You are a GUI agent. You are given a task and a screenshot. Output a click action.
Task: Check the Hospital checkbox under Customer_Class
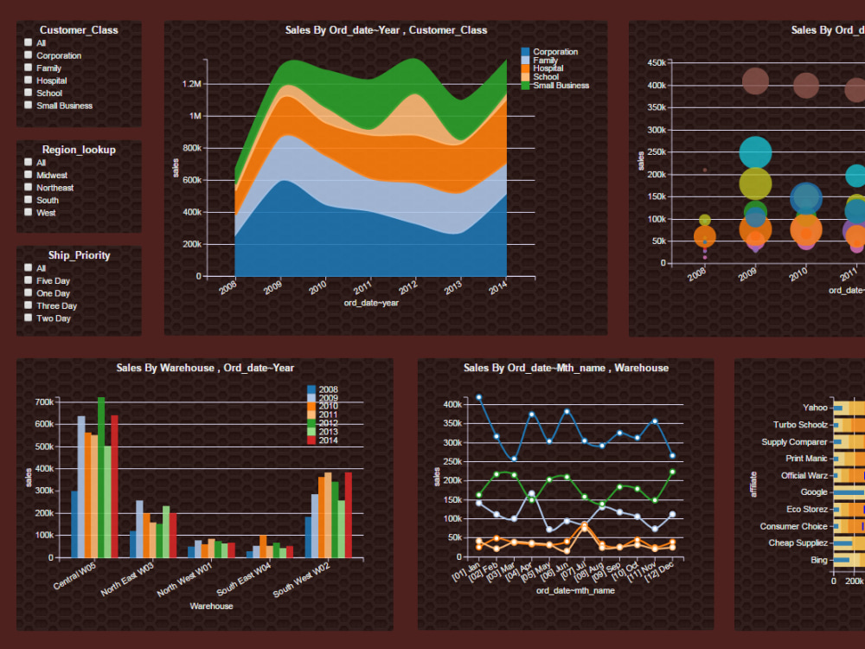click(29, 80)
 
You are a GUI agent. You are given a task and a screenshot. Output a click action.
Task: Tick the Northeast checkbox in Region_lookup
click(29, 188)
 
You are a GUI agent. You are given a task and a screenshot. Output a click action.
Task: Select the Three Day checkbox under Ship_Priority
click(29, 305)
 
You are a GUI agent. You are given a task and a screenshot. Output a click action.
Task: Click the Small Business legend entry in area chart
click(560, 86)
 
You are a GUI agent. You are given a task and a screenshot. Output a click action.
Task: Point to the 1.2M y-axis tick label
click(191, 84)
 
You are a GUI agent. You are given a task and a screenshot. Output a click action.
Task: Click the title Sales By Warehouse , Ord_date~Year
click(205, 368)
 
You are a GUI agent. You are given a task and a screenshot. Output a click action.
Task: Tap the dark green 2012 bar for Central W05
click(101, 477)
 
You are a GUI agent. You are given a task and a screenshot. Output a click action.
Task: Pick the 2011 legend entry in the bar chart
click(328, 415)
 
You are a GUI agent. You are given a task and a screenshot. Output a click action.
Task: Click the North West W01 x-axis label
click(184, 580)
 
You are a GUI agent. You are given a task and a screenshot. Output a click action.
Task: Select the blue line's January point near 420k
click(478, 397)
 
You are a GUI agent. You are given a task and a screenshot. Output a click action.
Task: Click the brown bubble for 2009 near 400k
click(755, 82)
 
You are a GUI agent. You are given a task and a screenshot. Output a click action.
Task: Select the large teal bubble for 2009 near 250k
click(755, 152)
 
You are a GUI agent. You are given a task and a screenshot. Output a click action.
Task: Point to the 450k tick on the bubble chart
click(656, 62)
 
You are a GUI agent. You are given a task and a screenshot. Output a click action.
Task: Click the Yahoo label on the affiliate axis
click(815, 407)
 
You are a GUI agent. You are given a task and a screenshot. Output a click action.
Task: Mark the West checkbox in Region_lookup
click(29, 212)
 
